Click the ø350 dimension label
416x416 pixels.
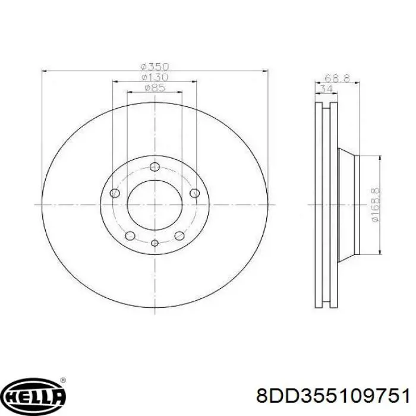pos(155,66)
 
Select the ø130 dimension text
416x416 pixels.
pos(155,77)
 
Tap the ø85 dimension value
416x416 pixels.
pos(155,87)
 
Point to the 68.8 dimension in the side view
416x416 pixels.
pos(338,78)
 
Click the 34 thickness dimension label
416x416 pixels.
pos(326,89)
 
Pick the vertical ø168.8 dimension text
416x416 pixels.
pos(376,205)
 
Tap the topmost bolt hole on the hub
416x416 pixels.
pos(155,166)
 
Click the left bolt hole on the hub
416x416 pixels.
pos(115,193)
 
